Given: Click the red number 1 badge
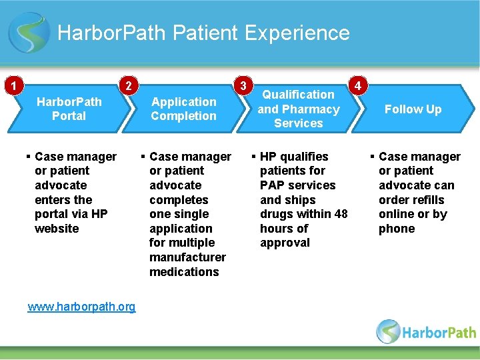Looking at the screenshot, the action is tap(12, 85).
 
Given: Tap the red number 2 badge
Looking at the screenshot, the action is tap(127, 85).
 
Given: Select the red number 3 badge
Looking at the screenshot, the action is tap(245, 85).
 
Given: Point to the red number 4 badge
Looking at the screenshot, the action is tap(359, 86).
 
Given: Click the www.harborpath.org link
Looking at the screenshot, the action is tap(81, 307).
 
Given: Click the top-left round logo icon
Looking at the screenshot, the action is tap(29, 33).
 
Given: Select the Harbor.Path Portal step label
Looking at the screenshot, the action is tap(69, 109).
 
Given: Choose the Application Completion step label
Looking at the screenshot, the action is tap(183, 109).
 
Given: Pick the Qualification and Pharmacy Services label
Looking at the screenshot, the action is tap(299, 109).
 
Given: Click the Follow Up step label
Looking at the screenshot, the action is tap(413, 109).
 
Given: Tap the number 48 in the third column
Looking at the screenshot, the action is tap(341, 214).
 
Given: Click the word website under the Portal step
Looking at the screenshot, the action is tap(57, 229).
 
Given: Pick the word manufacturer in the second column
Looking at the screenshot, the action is tap(187, 257).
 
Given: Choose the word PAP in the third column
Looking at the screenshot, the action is tap(271, 185).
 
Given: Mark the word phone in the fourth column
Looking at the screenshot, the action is tap(397, 229).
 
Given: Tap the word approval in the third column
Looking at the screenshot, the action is tap(285, 243).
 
